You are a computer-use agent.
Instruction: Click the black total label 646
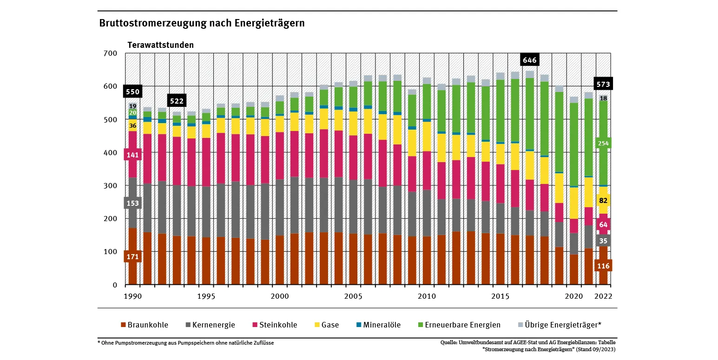click(530, 60)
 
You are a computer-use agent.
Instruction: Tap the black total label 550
click(132, 92)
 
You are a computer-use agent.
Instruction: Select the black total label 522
click(177, 101)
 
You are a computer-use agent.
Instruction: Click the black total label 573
click(603, 84)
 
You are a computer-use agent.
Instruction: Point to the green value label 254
click(603, 144)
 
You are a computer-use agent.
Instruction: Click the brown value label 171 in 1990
click(132, 256)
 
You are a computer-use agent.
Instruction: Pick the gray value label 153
click(132, 203)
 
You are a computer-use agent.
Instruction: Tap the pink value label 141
click(132, 155)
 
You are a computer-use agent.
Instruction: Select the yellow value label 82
click(603, 201)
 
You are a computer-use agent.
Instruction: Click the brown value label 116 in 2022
click(603, 266)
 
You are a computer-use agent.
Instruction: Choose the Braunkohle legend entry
click(145, 325)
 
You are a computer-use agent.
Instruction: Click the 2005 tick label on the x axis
click(353, 296)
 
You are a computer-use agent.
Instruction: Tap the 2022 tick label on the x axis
click(603, 296)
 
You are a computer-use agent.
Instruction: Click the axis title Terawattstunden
click(161, 45)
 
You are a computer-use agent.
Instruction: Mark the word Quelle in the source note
click(449, 343)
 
